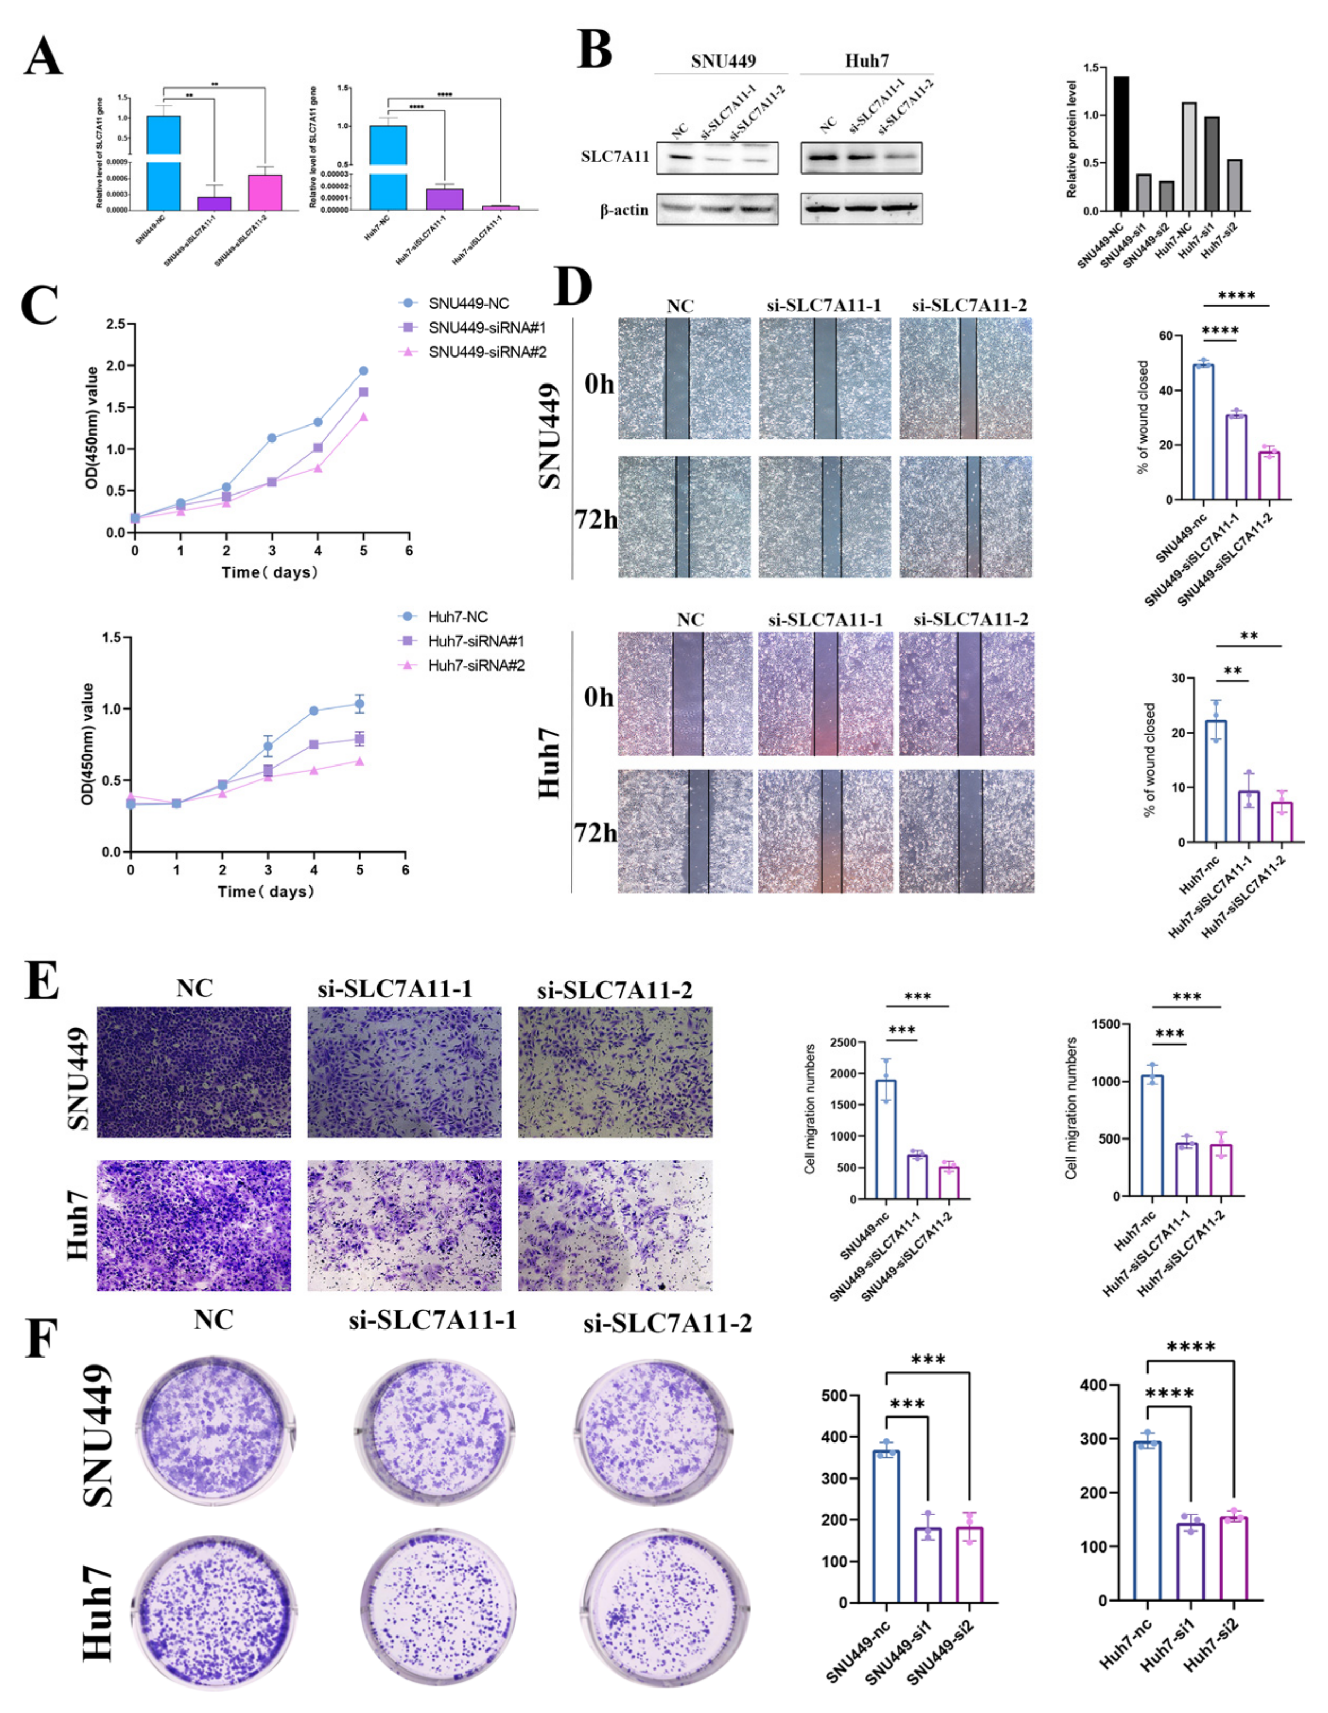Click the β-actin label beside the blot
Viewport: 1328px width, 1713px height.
point(624,210)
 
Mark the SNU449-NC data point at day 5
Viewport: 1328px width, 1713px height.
point(363,371)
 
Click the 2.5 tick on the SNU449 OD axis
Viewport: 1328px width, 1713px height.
point(116,324)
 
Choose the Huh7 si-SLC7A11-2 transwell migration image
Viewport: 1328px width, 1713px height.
point(615,1225)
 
